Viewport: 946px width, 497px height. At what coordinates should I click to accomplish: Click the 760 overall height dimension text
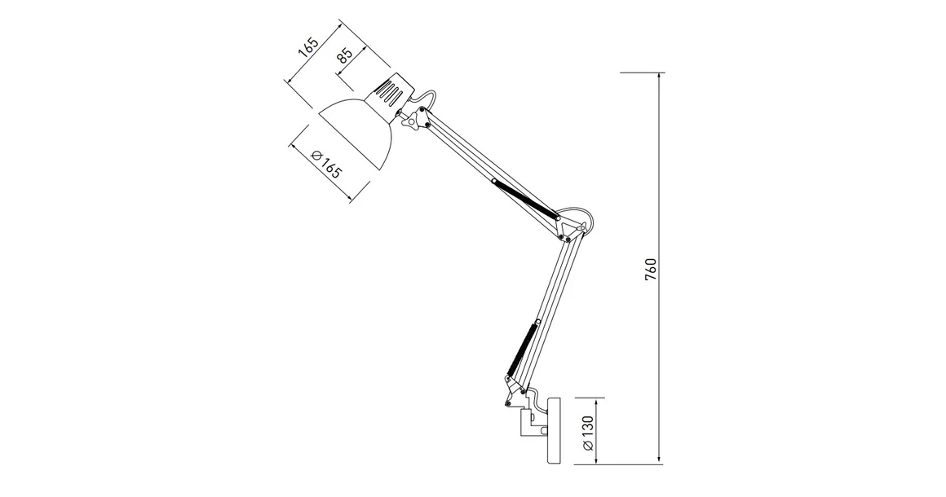tap(650, 269)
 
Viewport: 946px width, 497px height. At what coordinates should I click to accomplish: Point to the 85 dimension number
tap(344, 56)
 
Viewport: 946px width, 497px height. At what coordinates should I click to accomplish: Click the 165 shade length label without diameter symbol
tap(307, 46)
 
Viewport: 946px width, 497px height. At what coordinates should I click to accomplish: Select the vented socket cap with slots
tap(391, 90)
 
